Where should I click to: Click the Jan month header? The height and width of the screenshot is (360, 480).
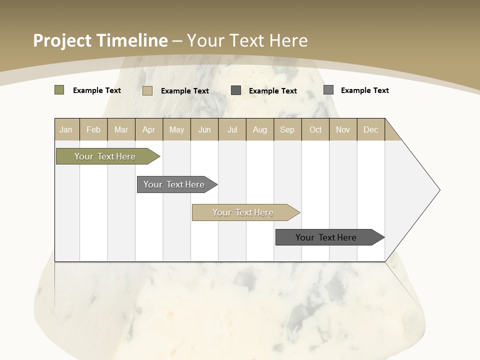[x=66, y=129]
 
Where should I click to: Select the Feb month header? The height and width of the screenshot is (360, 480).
[x=93, y=129]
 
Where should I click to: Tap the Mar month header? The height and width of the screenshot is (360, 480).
[x=121, y=129]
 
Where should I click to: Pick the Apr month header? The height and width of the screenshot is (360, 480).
[x=149, y=129]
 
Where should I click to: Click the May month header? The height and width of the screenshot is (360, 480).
[x=176, y=129]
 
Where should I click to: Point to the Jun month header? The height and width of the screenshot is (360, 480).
[x=204, y=129]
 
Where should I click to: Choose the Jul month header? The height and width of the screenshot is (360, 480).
[x=232, y=129]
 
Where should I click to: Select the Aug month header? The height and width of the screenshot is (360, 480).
[x=260, y=129]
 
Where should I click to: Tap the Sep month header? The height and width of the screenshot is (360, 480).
[x=287, y=129]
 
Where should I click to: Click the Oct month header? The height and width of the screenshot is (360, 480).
[x=315, y=129]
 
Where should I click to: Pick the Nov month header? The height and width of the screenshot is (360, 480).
[x=343, y=129]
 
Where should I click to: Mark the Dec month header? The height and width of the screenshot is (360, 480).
[x=371, y=129]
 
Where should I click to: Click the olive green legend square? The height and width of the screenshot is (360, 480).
[x=59, y=90]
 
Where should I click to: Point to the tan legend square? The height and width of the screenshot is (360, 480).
[x=147, y=90]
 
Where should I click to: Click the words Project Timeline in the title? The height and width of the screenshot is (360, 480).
[x=100, y=40]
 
